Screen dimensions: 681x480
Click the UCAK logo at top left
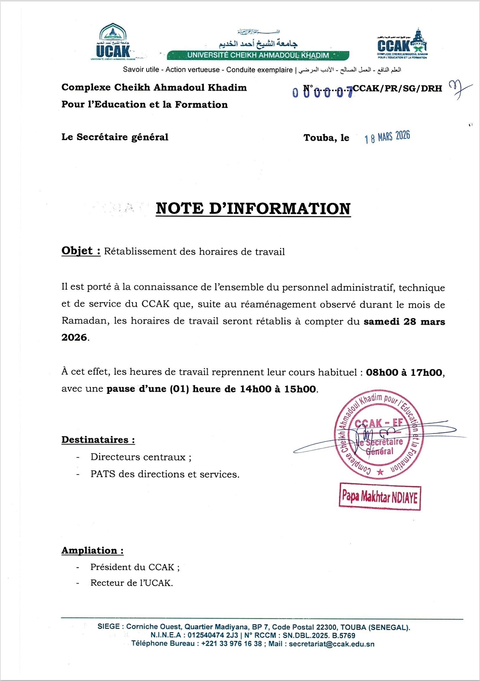click(x=113, y=43)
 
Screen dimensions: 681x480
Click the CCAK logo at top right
click(x=402, y=44)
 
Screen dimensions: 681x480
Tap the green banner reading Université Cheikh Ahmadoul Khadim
click(x=258, y=55)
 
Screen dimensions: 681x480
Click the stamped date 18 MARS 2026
click(x=387, y=137)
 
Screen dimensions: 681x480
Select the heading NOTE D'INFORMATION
click(x=253, y=209)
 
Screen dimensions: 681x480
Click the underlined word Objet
click(x=77, y=251)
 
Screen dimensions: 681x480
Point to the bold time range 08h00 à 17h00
click(x=404, y=372)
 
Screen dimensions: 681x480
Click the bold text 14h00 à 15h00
click(x=278, y=389)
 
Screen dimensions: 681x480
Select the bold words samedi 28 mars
click(x=404, y=322)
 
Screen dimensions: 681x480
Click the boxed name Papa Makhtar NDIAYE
click(x=380, y=496)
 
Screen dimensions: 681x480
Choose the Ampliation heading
click(x=92, y=551)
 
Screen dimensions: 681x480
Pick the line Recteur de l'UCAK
click(x=131, y=583)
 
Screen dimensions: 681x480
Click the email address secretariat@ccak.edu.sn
click(x=331, y=644)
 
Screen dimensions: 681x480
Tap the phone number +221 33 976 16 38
click(x=231, y=644)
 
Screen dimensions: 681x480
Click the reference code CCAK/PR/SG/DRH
click(x=397, y=88)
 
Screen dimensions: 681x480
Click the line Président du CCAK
click(x=135, y=567)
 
